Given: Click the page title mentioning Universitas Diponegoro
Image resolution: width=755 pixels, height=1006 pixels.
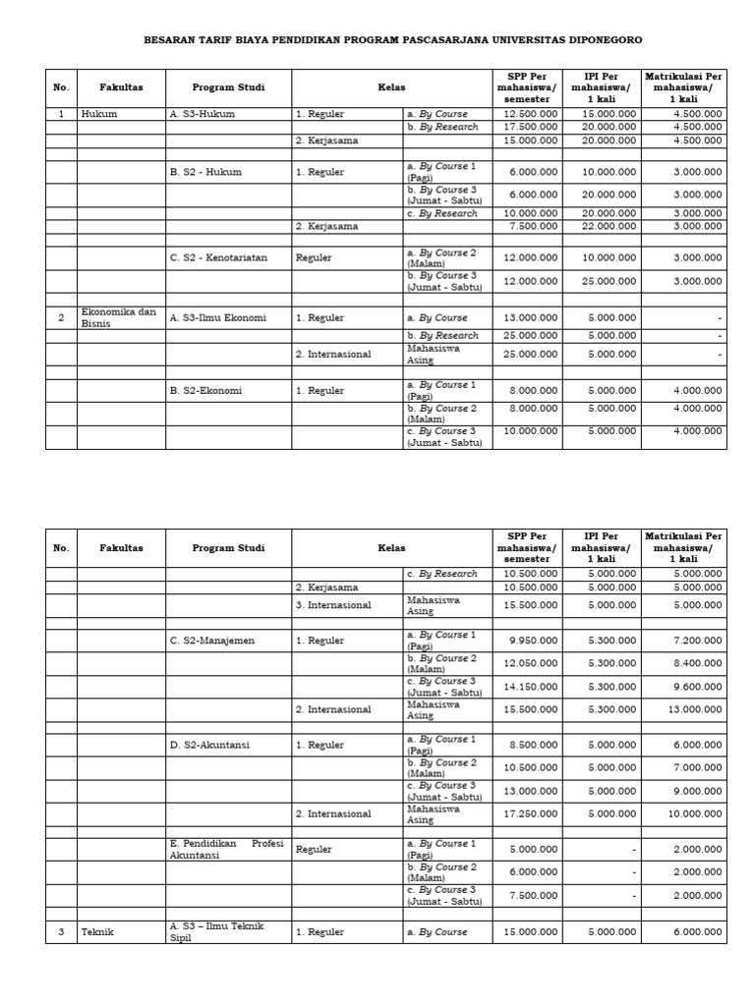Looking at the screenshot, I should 393,40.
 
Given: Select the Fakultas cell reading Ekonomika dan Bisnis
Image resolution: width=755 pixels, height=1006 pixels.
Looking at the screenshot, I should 119,317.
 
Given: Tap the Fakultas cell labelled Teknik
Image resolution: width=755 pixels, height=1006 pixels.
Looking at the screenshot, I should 97,931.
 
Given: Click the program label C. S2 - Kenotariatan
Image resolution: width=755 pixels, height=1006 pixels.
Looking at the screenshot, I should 218,258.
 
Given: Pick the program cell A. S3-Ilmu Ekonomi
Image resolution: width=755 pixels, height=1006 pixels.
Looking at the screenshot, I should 217,317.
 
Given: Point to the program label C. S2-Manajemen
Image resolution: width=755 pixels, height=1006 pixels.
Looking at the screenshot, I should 211,641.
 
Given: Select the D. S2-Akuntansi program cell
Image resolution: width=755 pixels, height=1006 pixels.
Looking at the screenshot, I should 209,745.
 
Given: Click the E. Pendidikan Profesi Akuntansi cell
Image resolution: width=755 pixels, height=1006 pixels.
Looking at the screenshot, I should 227,849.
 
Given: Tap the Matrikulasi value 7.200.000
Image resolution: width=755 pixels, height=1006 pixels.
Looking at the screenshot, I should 698,641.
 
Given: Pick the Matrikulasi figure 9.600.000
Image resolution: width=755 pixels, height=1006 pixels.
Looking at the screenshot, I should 698,686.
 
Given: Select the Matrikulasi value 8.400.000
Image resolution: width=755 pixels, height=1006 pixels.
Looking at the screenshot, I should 698,663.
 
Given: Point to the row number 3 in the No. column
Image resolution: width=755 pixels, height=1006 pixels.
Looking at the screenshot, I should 61,931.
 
